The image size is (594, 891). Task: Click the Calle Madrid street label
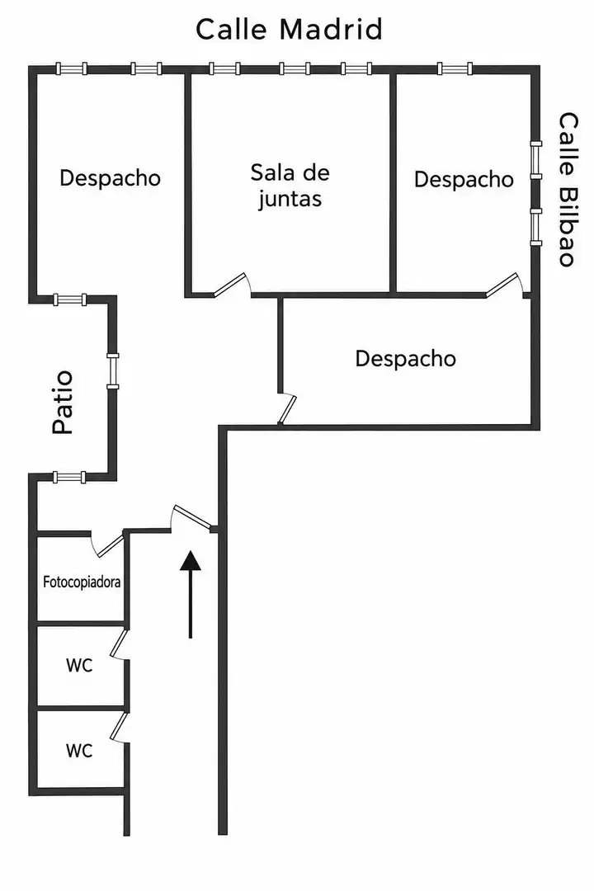pyautogui.click(x=289, y=29)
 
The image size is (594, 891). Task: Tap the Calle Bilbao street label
pyautogui.click(x=568, y=189)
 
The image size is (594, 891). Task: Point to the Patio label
pyautogui.click(x=63, y=403)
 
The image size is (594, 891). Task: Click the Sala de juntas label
pyautogui.click(x=290, y=186)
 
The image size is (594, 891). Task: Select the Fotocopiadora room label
pyautogui.click(x=82, y=582)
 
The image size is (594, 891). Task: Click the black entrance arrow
pyautogui.click(x=191, y=594)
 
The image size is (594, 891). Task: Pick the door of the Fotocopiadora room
pyautogui.click(x=107, y=544)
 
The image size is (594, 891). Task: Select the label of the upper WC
pyautogui.click(x=79, y=665)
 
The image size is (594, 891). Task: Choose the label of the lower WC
pyautogui.click(x=79, y=751)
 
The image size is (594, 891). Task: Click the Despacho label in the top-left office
pyautogui.click(x=111, y=178)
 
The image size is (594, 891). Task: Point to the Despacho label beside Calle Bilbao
pyautogui.click(x=464, y=180)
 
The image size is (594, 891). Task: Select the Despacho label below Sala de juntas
pyautogui.click(x=405, y=359)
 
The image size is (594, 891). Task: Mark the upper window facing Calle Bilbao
pyautogui.click(x=535, y=160)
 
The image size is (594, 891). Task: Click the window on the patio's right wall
pyautogui.click(x=113, y=371)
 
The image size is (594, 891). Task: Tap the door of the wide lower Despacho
pyautogui.click(x=288, y=408)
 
